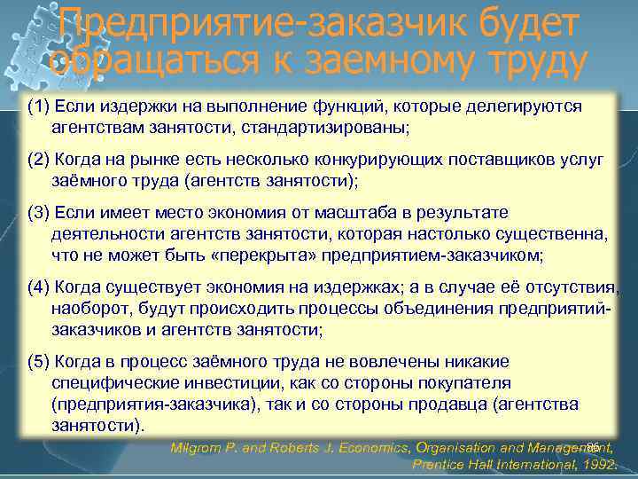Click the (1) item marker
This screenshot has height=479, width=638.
pos(38,106)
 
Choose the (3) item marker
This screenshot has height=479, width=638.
pos(38,214)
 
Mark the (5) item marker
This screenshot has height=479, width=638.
pos(38,363)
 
